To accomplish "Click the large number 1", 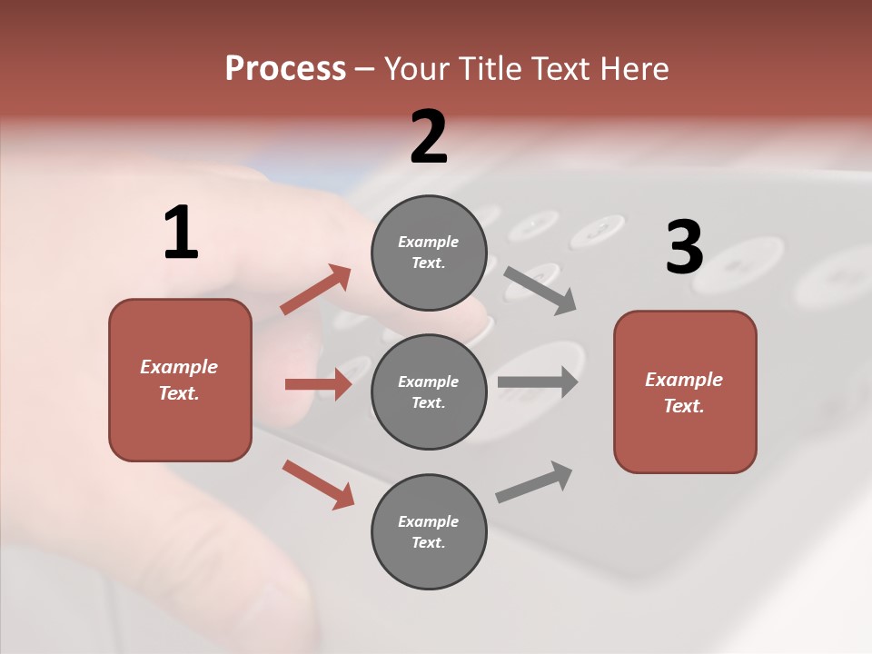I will tap(181, 233).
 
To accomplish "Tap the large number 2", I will tap(429, 137).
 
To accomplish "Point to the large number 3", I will tap(685, 248).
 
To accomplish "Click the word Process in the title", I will tap(285, 69).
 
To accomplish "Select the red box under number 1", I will tap(180, 380).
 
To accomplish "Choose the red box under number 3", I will tap(685, 391).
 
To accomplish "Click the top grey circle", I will tap(429, 253).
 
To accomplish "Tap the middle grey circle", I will tap(429, 391).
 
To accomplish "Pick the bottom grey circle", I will tap(429, 531).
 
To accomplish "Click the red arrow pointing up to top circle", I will tap(316, 290).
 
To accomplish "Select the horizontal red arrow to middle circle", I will tap(318, 384).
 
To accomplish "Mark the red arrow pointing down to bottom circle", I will tap(318, 484).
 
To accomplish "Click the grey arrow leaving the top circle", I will tap(540, 291).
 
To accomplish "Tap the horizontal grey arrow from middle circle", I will tap(538, 381).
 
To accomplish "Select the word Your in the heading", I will tap(414, 69).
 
